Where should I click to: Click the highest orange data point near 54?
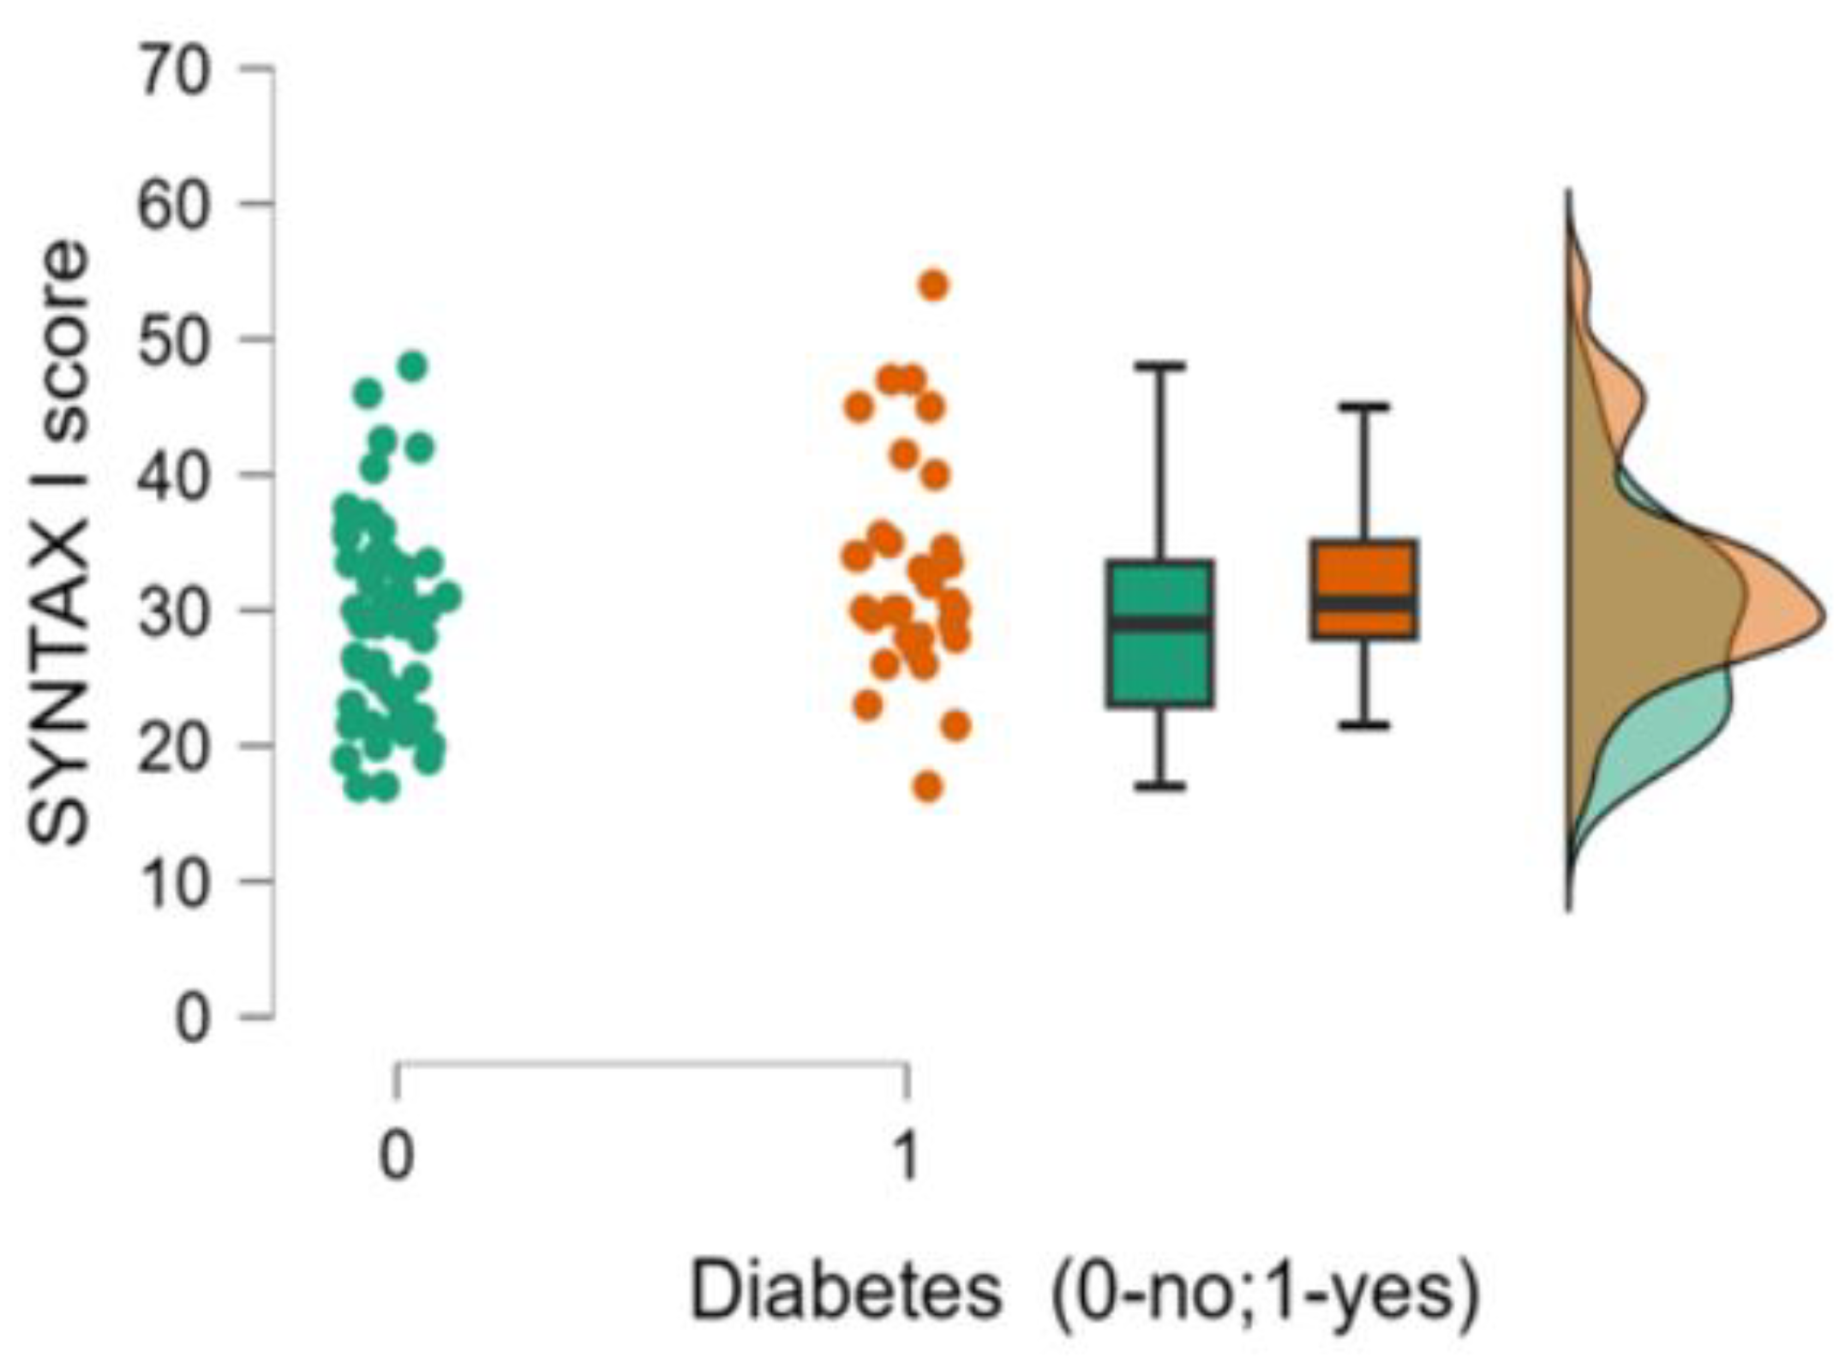[934, 285]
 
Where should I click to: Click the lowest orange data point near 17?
[929, 786]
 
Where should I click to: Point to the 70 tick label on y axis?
[173, 69]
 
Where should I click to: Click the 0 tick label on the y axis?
[192, 1020]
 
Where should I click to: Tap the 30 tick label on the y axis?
[173, 611]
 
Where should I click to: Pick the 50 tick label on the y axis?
[173, 340]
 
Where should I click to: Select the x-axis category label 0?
[396, 1157]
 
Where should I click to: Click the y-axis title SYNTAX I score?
[60, 544]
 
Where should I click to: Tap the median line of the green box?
[1160, 623]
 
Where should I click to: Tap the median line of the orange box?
[1363, 603]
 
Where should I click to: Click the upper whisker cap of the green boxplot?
[1160, 366]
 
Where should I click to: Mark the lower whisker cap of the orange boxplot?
[1363, 726]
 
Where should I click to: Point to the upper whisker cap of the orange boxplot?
[1363, 406]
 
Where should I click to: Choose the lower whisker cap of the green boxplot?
[1160, 785]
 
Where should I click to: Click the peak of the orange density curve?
[1822, 618]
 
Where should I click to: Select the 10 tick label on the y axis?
[173, 882]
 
